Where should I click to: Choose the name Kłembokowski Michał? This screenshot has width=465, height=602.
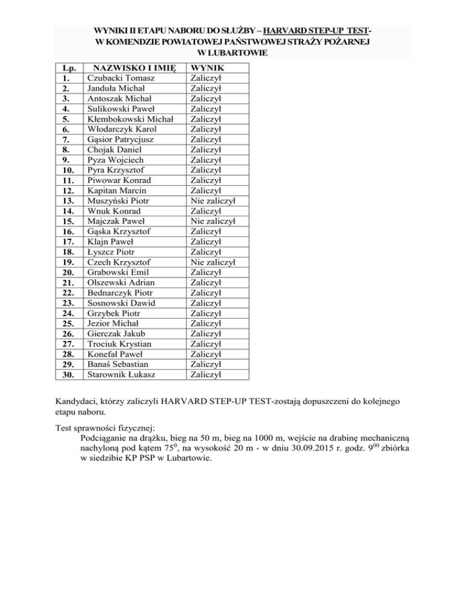pyautogui.click(x=131, y=119)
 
